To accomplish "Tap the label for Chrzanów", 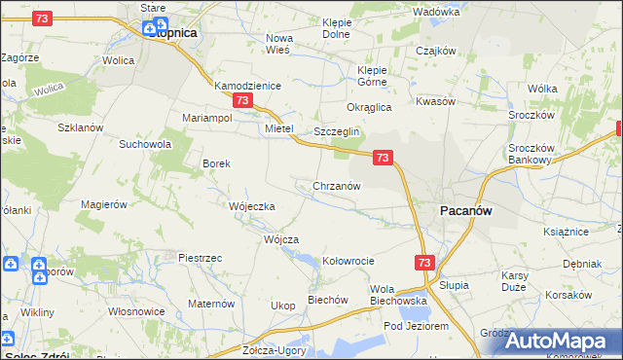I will tap(337, 185).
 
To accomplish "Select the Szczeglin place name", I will tap(337, 131).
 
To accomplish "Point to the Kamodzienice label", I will tap(247, 86).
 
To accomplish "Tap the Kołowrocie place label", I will tap(348, 261).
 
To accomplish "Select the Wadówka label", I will tap(435, 12).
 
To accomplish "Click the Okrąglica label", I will tap(369, 107).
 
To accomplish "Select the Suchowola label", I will tap(144, 144).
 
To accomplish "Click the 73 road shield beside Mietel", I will tap(242, 100).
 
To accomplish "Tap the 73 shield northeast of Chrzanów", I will tap(383, 157).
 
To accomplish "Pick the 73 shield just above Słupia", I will tap(423, 263).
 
